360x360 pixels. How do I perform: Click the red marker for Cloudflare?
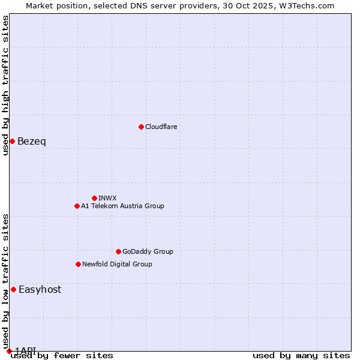point(141,127)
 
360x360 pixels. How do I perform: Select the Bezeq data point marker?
point(12,141)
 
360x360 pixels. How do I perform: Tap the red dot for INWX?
point(94,198)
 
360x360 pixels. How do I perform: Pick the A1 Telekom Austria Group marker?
point(77,206)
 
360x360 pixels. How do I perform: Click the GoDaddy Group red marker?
point(118,251)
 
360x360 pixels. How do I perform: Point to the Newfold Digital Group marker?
point(78,264)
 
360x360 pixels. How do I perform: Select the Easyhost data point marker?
point(13,289)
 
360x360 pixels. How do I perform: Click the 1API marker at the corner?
point(9,351)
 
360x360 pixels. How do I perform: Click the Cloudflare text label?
point(161,127)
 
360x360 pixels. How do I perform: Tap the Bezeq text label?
point(32,142)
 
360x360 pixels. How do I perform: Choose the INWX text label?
point(107,198)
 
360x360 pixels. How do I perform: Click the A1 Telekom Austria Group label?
point(122,206)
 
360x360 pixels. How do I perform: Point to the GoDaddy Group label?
point(148,251)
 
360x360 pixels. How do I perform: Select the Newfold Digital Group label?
point(117,264)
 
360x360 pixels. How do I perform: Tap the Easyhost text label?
point(40,289)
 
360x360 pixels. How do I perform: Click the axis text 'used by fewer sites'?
point(62,355)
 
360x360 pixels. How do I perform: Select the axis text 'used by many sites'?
point(301,355)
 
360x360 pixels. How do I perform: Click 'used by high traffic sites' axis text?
point(5,85)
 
